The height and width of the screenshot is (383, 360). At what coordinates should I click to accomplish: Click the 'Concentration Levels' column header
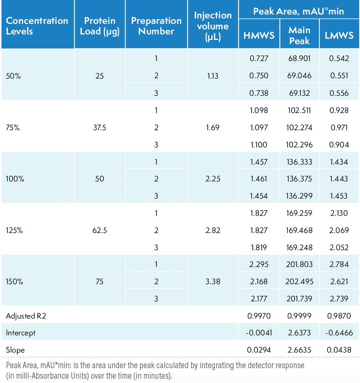pyautogui.click(x=37, y=26)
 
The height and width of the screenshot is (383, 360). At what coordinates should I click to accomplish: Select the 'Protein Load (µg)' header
pyautogui.click(x=100, y=26)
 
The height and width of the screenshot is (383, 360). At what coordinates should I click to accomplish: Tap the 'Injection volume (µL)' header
pyautogui.click(x=213, y=26)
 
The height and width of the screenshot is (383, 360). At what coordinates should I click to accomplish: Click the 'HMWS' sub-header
pyautogui.click(x=259, y=35)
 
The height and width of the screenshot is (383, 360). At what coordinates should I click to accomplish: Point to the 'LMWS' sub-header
pyautogui.click(x=339, y=35)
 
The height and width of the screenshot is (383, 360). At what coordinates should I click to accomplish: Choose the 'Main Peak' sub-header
pyautogui.click(x=299, y=35)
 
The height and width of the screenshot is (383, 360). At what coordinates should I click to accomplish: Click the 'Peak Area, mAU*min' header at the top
pyautogui.click(x=299, y=11)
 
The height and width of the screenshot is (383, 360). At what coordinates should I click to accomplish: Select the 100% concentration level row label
pyautogui.click(x=15, y=179)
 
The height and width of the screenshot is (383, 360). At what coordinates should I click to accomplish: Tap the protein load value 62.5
pyautogui.click(x=100, y=231)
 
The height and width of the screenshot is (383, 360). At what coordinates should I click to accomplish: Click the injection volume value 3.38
pyautogui.click(x=213, y=282)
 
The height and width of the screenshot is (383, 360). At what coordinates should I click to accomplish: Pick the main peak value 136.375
pyautogui.click(x=299, y=179)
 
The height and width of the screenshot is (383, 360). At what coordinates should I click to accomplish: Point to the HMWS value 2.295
pyautogui.click(x=259, y=265)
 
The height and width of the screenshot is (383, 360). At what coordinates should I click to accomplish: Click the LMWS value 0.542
pyautogui.click(x=339, y=59)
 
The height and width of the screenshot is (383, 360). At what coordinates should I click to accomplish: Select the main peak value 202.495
pyautogui.click(x=299, y=282)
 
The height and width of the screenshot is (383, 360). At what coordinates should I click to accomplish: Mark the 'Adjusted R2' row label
pyautogui.click(x=26, y=316)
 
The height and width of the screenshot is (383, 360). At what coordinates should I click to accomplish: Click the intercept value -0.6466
pyautogui.click(x=339, y=333)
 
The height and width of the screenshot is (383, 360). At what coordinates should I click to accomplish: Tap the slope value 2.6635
pyautogui.click(x=299, y=350)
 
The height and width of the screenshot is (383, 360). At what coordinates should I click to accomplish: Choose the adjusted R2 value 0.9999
pyautogui.click(x=299, y=316)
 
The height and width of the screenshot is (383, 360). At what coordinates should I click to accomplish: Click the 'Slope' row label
pyautogui.click(x=15, y=350)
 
